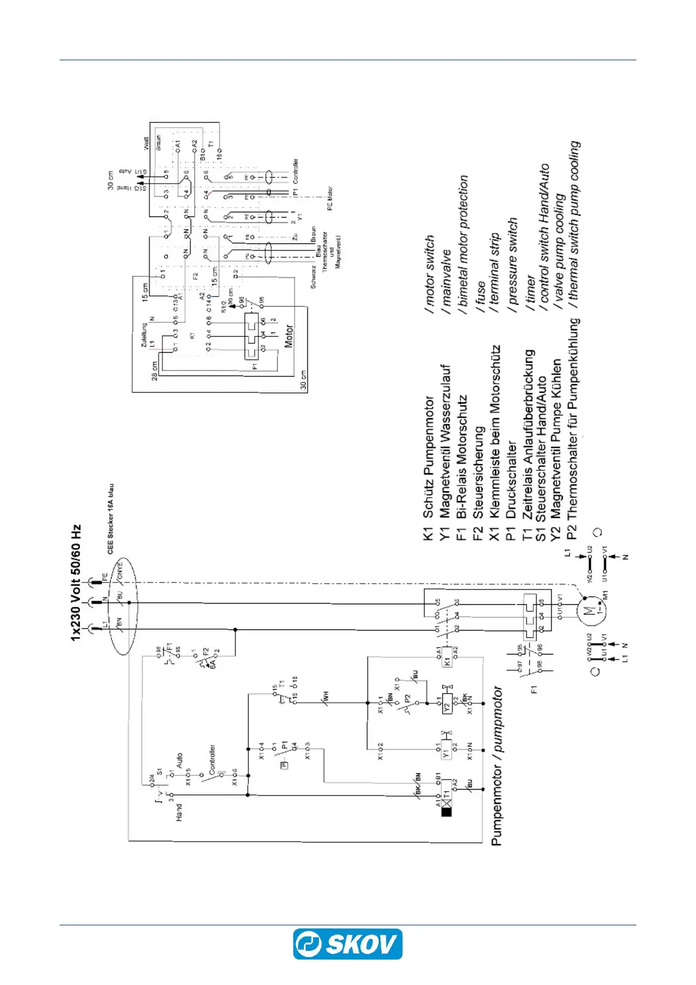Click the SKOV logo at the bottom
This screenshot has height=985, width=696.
point(348,944)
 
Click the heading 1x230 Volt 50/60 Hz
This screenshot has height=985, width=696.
point(77,583)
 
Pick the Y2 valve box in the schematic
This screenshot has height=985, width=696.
point(447,705)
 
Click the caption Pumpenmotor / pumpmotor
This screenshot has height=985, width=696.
point(497,766)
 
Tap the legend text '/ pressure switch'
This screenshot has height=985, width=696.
point(513,261)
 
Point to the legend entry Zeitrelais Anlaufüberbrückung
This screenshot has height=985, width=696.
point(528,434)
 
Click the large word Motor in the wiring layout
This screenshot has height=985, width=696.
point(289,337)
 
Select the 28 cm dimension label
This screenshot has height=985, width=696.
point(155,370)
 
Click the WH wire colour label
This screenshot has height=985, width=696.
point(326,697)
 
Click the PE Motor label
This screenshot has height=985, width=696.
point(330,199)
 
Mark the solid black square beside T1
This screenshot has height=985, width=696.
point(447,811)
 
